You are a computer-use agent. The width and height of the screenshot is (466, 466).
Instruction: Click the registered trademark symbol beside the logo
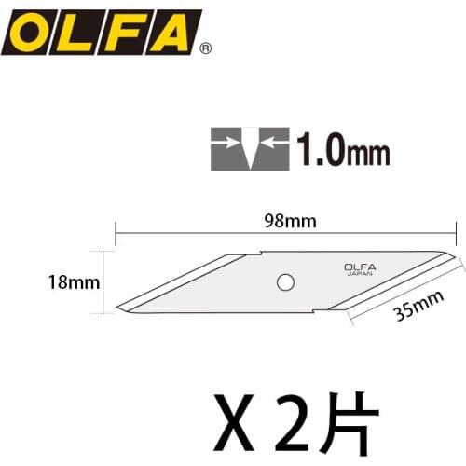coord(206,48)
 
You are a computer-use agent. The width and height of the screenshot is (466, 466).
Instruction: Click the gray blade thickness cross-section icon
coord(248,147)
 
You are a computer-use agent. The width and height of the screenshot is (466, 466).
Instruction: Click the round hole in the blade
coord(286,281)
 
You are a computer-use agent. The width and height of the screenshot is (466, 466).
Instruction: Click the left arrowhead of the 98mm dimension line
coord(118,233)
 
